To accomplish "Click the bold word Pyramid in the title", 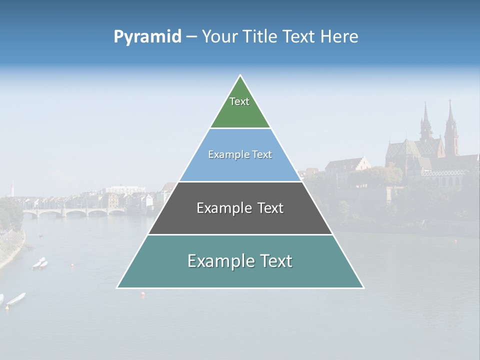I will (x=147, y=37).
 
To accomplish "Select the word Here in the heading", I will (x=339, y=37).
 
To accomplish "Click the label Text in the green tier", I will (x=239, y=101).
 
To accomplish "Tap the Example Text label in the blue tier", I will (x=240, y=154).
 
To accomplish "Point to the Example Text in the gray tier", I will (x=240, y=208).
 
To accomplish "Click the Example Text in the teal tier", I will (x=240, y=261).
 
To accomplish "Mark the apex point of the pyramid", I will (x=240, y=75).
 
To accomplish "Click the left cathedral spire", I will (x=426, y=120).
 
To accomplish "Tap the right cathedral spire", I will (x=450, y=120).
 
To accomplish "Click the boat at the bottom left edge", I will (x=16, y=299).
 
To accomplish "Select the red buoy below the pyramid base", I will (x=142, y=294).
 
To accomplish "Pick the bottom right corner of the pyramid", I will (x=363, y=287).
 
